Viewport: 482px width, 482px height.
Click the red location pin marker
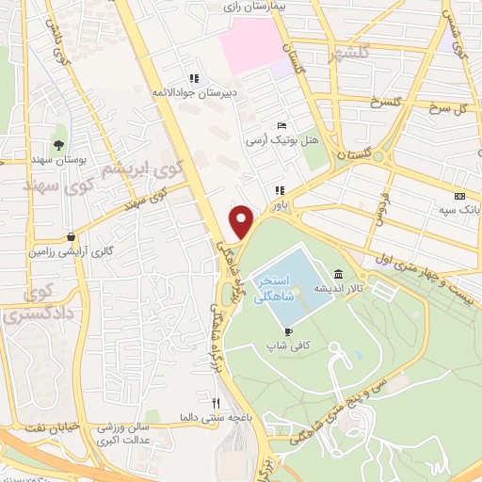click(242, 222)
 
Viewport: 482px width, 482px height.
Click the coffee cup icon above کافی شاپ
click(289, 331)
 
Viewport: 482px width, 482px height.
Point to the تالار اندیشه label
click(332, 288)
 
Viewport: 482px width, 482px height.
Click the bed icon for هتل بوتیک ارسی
click(281, 125)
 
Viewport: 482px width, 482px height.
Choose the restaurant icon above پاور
click(280, 190)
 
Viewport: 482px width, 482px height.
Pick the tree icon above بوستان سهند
click(59, 145)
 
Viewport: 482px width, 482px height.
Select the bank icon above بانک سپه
click(458, 195)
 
